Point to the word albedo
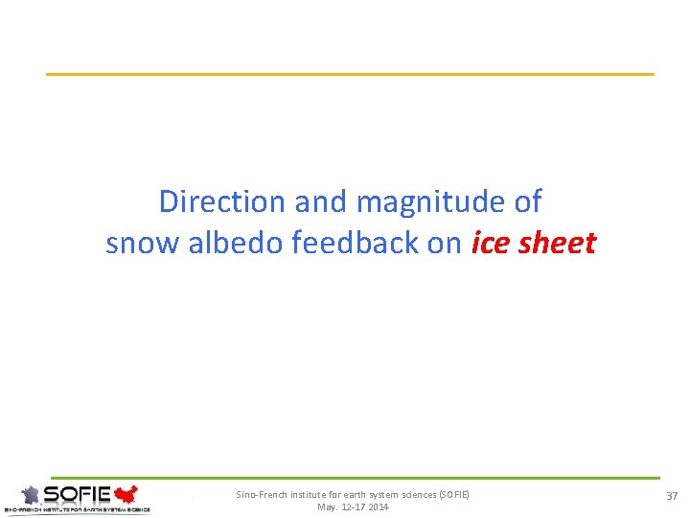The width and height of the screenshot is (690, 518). click(236, 243)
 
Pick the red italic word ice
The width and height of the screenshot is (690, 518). click(492, 243)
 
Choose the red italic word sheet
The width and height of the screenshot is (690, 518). click(557, 243)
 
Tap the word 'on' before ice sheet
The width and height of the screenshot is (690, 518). click(445, 244)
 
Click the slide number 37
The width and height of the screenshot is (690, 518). click(671, 495)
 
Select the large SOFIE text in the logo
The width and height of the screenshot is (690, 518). click(78, 495)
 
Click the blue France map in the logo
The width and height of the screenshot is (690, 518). click(34, 495)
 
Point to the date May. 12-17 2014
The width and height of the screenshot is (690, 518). click(353, 506)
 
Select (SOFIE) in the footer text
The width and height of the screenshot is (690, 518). click(454, 495)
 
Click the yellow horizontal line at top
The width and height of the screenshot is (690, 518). click(350, 74)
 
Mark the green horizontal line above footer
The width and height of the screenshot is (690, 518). click(355, 478)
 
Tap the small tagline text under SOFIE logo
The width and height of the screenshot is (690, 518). click(77, 509)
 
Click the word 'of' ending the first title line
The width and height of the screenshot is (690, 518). click(525, 201)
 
